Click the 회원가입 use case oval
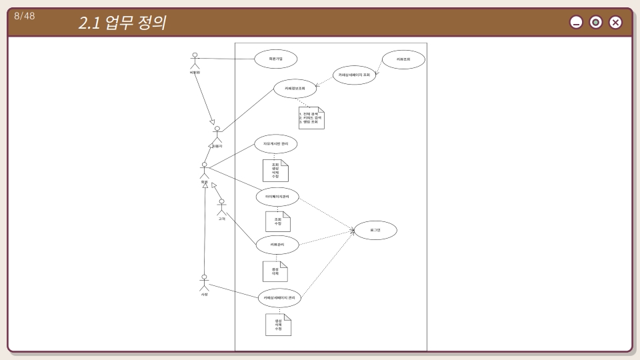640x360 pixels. click(275, 59)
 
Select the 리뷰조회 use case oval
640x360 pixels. click(403, 59)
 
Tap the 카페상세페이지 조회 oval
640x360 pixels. click(354, 75)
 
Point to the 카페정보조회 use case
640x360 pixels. click(295, 88)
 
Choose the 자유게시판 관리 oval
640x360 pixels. click(275, 143)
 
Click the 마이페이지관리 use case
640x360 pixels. click(277, 197)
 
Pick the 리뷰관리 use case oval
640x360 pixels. click(277, 245)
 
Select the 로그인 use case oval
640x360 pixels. click(375, 230)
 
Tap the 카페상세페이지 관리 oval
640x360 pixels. click(279, 297)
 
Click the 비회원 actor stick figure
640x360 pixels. click(195, 60)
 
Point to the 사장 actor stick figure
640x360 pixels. click(205, 282)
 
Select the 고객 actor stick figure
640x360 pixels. click(221, 207)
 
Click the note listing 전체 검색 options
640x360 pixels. click(311, 118)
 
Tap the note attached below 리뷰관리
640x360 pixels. click(275, 271)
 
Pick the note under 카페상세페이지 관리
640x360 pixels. click(278, 325)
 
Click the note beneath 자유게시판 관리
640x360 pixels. click(275, 171)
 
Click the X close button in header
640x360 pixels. click(615, 23)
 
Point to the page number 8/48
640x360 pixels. click(25, 16)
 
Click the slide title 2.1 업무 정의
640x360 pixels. click(122, 23)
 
